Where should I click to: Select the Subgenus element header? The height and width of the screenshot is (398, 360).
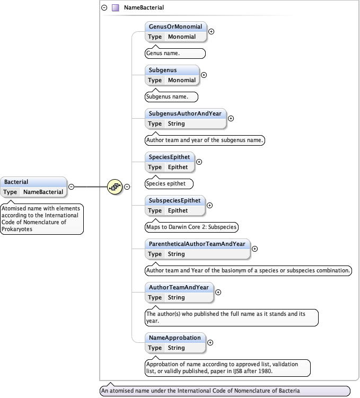163,70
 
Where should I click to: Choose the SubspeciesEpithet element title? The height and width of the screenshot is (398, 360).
174,200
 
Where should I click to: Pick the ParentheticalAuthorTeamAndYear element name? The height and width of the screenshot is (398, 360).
197,244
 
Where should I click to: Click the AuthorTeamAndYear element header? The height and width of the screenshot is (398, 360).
179,287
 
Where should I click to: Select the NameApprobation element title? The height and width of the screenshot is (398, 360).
175,338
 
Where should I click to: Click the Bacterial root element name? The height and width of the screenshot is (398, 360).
16,182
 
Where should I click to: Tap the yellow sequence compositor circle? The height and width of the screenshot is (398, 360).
115,187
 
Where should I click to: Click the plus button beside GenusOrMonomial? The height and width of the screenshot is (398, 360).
212,31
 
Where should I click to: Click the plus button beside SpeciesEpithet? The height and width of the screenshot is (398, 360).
199,162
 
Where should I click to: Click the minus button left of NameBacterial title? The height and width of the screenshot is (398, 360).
104,8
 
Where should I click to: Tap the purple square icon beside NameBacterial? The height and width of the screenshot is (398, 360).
115,8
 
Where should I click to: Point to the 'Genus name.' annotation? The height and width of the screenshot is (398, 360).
175,53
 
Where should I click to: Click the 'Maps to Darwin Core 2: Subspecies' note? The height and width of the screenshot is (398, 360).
191,227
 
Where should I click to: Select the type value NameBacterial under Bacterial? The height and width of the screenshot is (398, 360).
43,192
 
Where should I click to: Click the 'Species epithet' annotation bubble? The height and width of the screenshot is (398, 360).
169,183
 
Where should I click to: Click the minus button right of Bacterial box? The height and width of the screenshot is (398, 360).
71,187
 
